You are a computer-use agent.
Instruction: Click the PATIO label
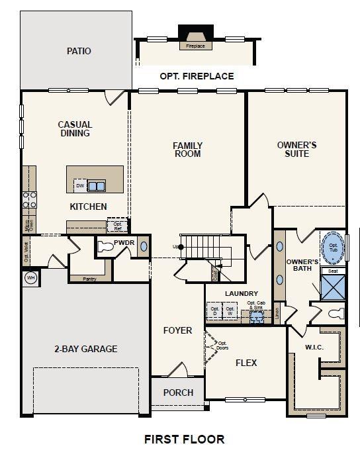point(79,51)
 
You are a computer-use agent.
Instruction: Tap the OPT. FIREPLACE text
point(197,76)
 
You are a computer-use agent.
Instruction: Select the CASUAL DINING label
point(75,129)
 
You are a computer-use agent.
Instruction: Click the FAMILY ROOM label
point(187,150)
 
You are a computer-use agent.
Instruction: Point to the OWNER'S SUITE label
point(296,149)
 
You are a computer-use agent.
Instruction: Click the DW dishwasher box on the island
point(79,186)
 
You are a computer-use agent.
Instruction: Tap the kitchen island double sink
point(97,186)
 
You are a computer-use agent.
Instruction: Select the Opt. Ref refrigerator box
point(118,226)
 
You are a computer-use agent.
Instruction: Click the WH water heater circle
point(30,278)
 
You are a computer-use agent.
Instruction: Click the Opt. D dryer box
point(214,310)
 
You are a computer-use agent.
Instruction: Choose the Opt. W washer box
point(230,310)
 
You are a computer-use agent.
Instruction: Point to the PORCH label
point(178,393)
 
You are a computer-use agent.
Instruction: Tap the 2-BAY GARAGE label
point(85,349)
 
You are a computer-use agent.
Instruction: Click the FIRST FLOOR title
point(184,439)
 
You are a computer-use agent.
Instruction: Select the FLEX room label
point(246,363)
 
